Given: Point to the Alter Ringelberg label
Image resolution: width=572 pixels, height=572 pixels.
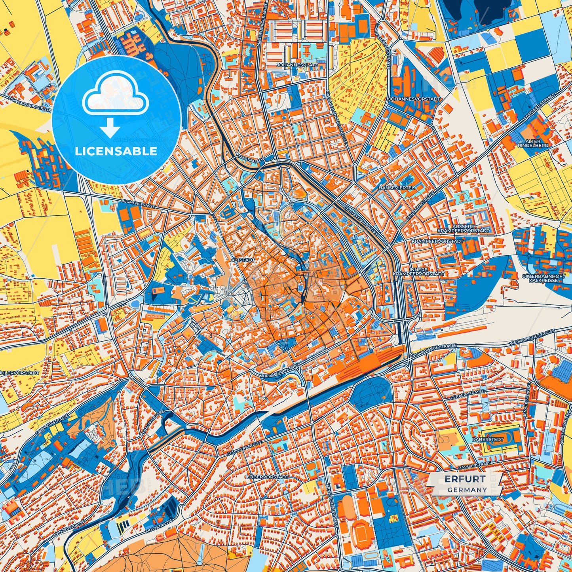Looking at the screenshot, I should click(536, 143).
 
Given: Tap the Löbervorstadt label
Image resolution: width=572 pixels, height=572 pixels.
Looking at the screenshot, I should click(267, 477).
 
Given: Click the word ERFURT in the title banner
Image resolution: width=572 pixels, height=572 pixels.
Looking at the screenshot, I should click(465, 479).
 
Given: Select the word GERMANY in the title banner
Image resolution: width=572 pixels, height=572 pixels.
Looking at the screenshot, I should click(467, 490).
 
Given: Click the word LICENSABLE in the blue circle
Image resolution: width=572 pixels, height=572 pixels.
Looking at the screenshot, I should click(116, 151).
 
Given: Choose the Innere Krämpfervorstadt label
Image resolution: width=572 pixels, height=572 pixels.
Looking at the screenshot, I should click(418, 271).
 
